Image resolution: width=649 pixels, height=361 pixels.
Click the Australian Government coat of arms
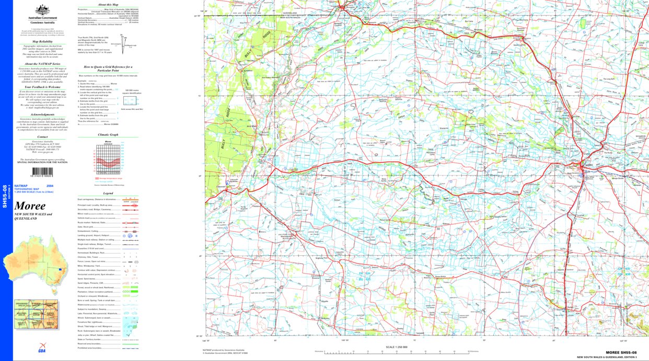42,9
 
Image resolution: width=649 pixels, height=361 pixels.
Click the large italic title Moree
30,206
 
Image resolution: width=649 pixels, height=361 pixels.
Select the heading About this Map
108,4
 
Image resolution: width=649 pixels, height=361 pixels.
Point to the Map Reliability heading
42,41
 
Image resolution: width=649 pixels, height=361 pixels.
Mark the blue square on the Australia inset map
60,270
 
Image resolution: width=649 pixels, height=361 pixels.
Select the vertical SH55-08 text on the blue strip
5,196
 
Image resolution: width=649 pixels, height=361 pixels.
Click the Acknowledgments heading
42,115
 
